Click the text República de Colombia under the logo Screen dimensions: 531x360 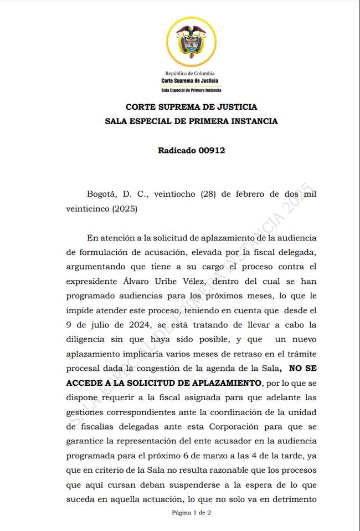pos(190,73)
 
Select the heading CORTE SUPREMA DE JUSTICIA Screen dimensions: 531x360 pos(191,107)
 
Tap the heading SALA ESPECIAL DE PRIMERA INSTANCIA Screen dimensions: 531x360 pos(191,121)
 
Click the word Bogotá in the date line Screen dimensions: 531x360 pos(101,194)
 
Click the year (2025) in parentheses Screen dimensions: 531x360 pos(125,209)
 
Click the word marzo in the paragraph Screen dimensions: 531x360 pos(223,456)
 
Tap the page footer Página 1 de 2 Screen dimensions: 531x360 pos(191,513)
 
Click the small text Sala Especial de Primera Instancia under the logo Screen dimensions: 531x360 pos(191,89)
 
